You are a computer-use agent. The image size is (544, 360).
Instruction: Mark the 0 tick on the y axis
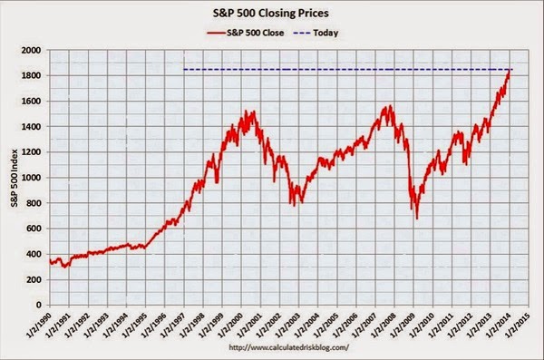pos(38,306)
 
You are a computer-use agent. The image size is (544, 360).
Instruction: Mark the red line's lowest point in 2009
pos(417,219)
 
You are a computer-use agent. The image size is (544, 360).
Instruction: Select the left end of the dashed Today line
pos(185,70)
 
